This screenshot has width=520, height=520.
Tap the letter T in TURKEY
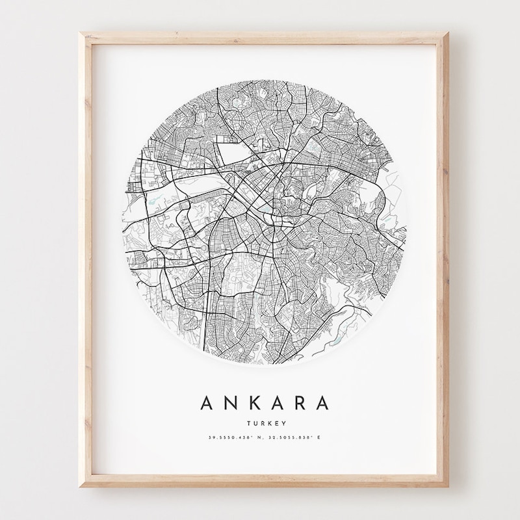tap(248, 422)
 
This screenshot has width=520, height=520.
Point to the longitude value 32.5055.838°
tap(287, 437)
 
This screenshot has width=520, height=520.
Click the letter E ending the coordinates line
tap(320, 437)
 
